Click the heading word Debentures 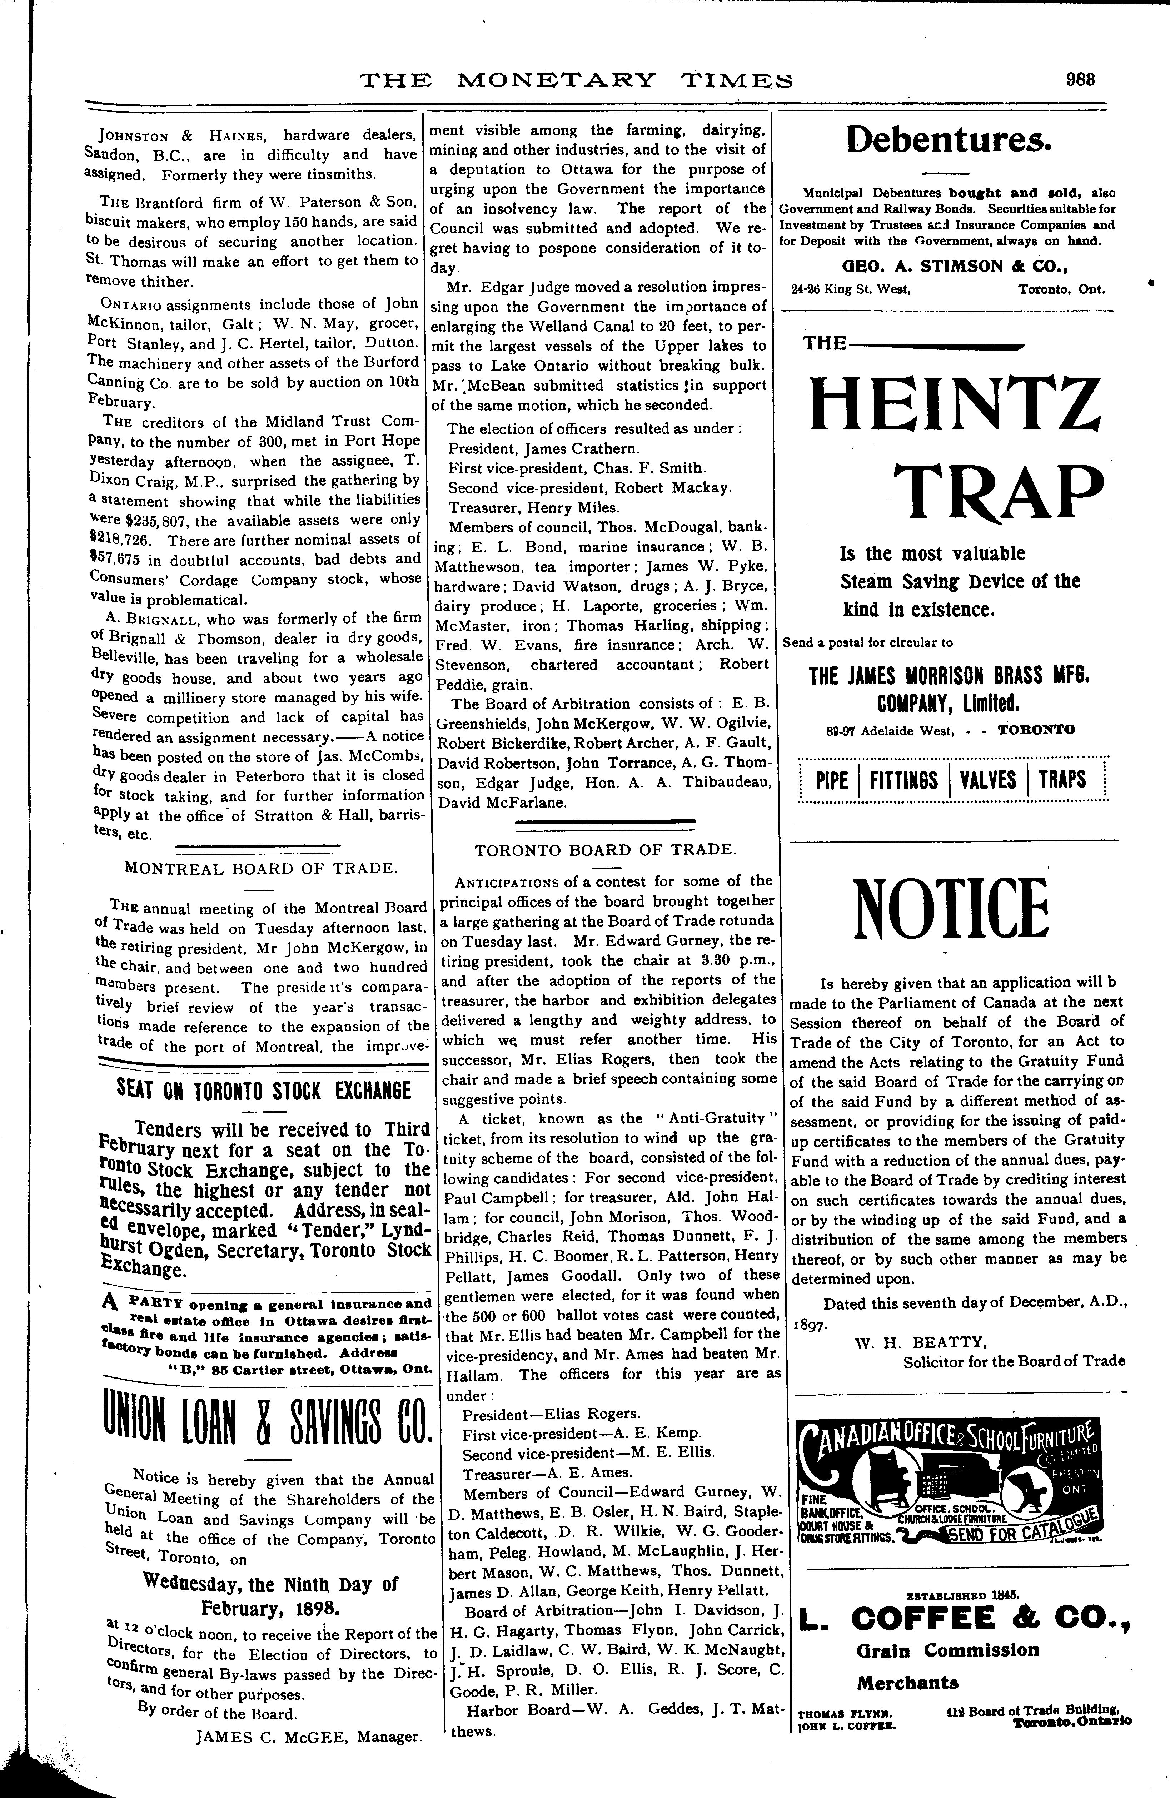pyautogui.click(x=949, y=138)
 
